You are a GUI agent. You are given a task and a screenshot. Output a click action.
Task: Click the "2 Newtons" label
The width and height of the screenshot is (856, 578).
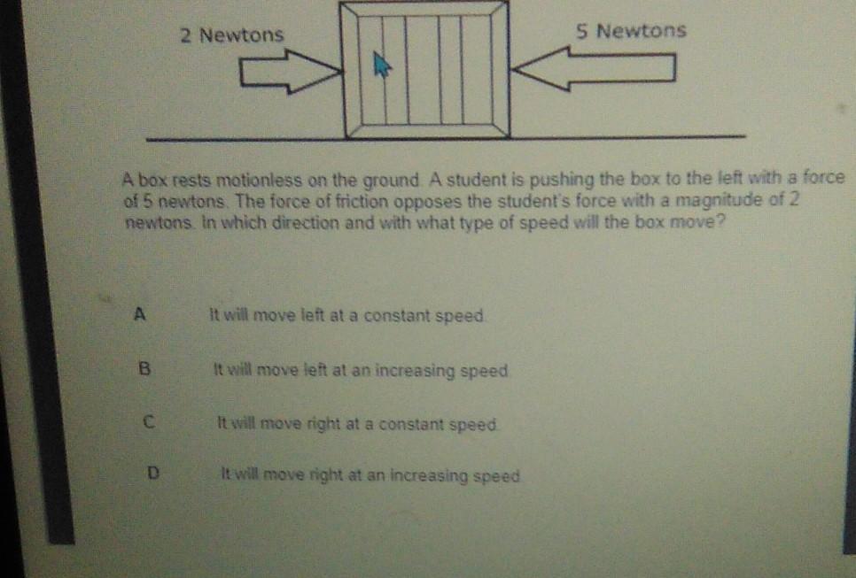231,35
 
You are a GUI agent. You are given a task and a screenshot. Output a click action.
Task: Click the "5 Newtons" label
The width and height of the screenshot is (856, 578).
630,31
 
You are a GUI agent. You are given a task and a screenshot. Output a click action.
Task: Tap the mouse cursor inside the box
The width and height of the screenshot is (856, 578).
382,65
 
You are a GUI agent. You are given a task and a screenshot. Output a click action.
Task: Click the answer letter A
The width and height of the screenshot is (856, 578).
138,312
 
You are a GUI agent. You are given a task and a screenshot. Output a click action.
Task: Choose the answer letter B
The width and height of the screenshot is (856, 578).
143,369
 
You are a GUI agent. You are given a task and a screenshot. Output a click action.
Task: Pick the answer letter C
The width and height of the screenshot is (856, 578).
148,423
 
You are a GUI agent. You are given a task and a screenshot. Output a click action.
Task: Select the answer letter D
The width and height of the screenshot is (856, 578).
153,474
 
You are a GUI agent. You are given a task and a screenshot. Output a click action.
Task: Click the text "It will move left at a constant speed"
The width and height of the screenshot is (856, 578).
346,315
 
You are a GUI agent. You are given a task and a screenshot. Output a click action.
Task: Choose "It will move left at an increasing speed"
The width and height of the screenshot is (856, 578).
361,370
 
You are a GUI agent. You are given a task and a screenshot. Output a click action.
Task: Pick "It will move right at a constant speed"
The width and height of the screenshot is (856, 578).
358,424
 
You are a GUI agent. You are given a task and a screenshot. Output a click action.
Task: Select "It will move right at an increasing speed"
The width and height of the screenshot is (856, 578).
370,476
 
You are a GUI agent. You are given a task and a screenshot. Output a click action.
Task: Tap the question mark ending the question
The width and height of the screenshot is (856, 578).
722,222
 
